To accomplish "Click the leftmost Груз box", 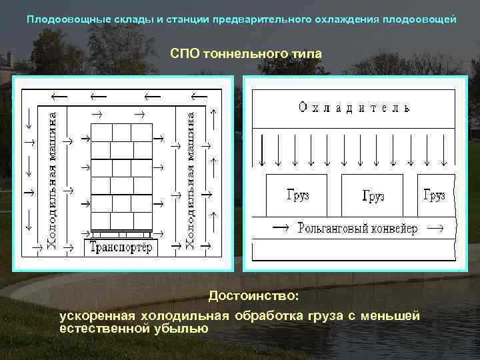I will coord(297,195).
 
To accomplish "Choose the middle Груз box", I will coord(373,195).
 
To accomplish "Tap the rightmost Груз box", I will coord(435,195).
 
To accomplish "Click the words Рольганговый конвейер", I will coord(357,229).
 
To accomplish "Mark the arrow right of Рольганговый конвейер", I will coord(434,229).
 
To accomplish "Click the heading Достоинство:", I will coord(253,295).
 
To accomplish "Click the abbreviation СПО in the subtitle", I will coord(184,53).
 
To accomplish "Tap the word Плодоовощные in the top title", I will coord(59,19).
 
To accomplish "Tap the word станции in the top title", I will coord(187,19).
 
